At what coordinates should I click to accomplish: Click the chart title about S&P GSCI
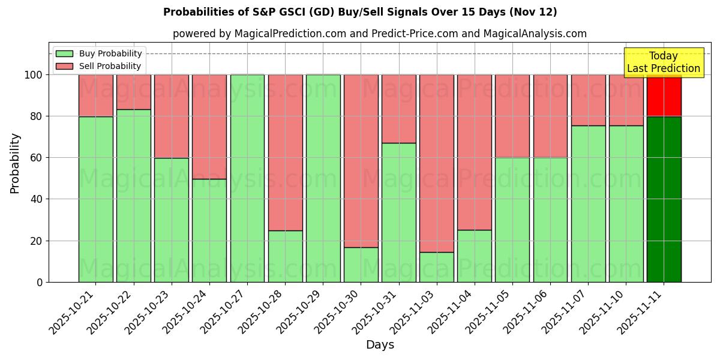pos(360,12)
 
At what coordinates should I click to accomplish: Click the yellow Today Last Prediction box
pos(663,62)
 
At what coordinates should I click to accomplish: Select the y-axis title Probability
pos(15,163)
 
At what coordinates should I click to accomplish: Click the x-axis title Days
pos(380,345)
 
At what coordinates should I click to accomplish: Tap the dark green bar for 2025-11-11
pos(664,199)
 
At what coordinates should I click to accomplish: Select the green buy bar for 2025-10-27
pos(247,178)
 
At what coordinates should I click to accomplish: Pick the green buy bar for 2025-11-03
pos(437,267)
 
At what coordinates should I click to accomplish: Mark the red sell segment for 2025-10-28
pos(285,152)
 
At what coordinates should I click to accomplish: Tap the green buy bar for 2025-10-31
pos(399,212)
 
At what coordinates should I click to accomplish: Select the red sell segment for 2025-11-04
pos(475,152)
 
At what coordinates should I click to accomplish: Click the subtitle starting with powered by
pos(380,34)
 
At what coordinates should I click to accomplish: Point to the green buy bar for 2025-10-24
pos(209,230)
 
